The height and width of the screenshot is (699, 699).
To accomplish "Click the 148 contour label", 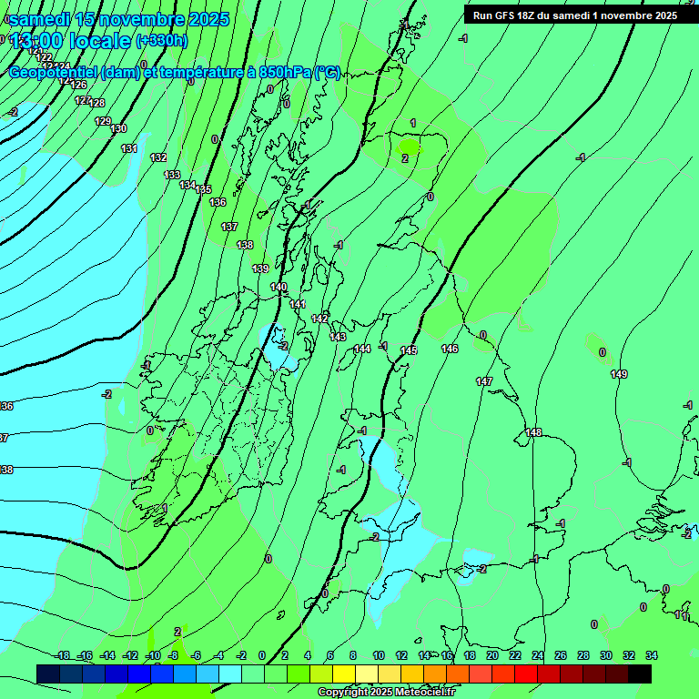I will pos(533,432).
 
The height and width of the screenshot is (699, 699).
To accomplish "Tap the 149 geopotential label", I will pos(619,374).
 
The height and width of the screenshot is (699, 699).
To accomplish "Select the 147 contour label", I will pos(484,381).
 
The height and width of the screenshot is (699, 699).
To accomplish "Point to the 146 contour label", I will pos(450,349).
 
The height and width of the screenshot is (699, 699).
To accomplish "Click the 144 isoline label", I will pos(362,349).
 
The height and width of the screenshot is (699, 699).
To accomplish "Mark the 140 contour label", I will pos(279,287).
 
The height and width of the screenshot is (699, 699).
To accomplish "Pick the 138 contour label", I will pos(245,245).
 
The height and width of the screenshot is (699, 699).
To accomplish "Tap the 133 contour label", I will pos(172,174).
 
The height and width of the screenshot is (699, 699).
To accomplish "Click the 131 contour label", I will pos(129,148).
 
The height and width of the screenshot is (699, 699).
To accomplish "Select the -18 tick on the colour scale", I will pos(62,655).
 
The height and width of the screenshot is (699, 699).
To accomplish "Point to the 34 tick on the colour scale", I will pos(650,655).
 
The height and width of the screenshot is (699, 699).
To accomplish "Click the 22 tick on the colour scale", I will pos(515,655).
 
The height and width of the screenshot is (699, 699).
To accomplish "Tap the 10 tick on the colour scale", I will pos(378,655).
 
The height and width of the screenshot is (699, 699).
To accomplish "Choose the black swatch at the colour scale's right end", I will pos(640,674).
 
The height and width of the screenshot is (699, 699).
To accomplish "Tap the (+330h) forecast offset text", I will pos(161,41).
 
